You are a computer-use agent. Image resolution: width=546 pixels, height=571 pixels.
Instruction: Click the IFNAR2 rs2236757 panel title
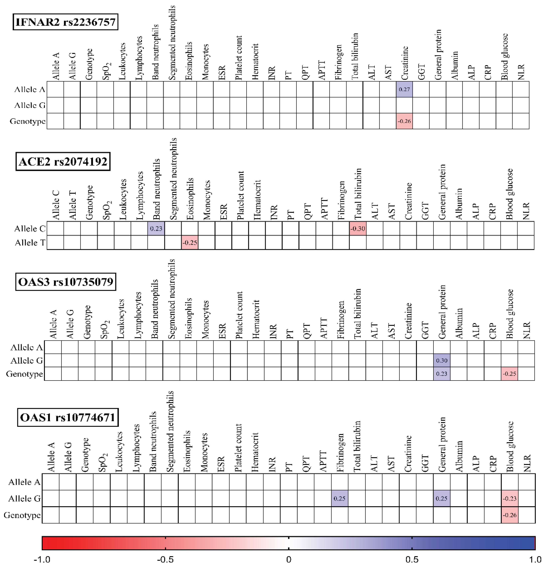pos(66,22)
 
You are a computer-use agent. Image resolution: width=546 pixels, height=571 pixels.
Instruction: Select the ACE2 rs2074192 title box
pos(63,161)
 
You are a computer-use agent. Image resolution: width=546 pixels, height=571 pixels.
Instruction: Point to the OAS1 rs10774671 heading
pos(68,417)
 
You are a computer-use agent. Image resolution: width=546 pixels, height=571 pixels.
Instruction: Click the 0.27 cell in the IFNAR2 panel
pos(404,89)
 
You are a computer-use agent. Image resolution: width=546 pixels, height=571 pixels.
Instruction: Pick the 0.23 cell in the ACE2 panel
pos(156,229)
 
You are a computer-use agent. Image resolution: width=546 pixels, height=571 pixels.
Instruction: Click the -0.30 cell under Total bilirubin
pos(358,229)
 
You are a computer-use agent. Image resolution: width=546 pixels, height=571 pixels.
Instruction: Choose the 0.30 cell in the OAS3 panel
pos(442,360)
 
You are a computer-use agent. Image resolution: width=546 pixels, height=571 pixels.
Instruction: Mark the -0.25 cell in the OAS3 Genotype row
pos(509,374)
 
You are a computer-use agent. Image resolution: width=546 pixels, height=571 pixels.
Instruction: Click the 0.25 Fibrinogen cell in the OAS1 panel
pos(339,498)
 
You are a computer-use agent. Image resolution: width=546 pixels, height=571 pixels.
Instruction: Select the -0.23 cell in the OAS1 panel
pos(509,498)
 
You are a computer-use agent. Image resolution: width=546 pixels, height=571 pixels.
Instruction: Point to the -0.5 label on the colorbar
pos(165,559)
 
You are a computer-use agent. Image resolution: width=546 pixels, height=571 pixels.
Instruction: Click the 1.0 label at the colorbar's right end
pos(535,559)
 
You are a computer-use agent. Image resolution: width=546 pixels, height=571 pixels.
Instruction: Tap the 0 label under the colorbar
pos(288,559)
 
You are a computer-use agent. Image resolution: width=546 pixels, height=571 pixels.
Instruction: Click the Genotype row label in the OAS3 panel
pos(24,374)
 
